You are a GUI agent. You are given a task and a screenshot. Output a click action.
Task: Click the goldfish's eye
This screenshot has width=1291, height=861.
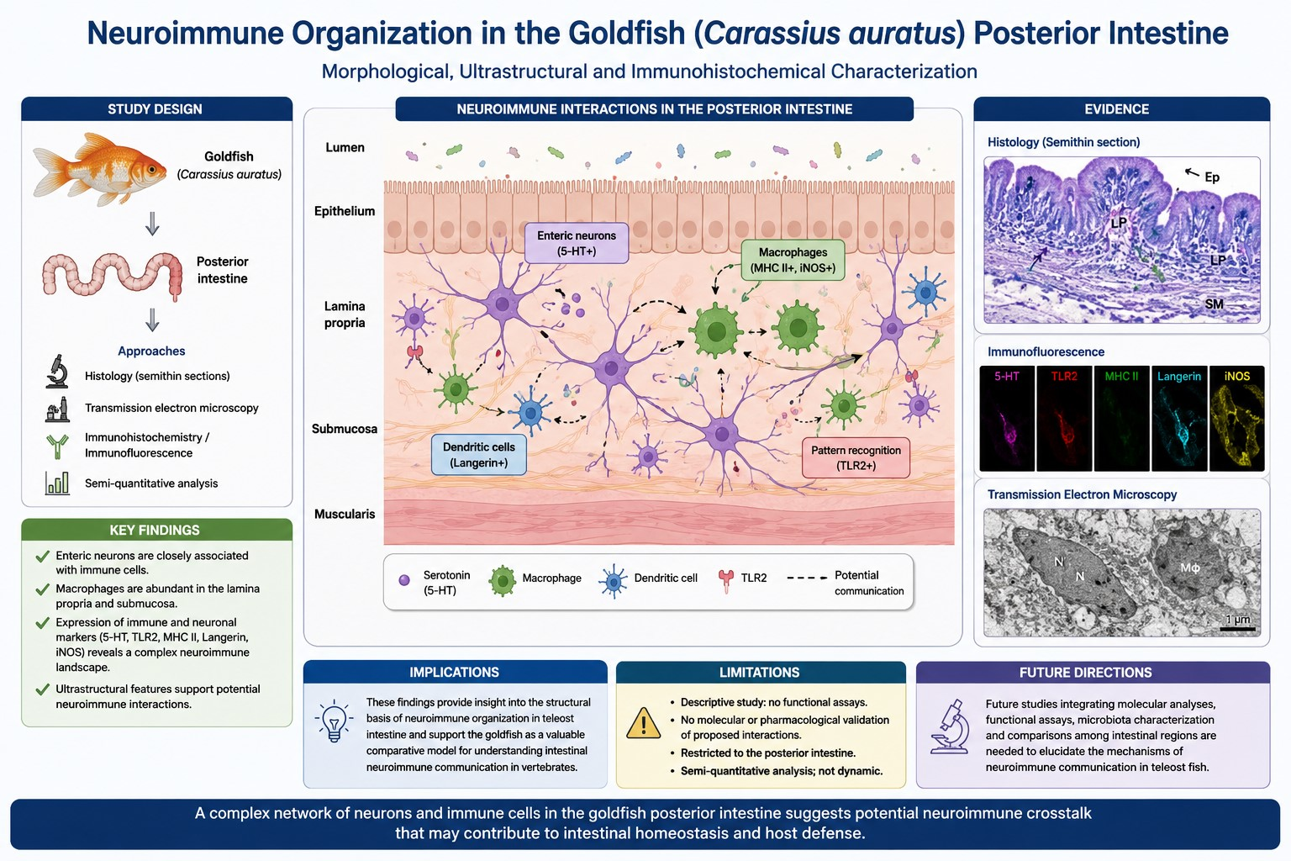click(151, 170)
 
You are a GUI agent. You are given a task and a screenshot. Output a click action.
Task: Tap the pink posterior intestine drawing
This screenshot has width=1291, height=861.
click(113, 276)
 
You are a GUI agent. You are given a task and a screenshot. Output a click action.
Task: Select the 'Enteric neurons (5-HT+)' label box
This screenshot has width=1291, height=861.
click(577, 243)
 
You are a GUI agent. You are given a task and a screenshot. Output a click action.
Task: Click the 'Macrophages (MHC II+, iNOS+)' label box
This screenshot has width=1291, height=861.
click(793, 260)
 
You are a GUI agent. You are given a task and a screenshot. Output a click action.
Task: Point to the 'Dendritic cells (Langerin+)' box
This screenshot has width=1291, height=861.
click(478, 454)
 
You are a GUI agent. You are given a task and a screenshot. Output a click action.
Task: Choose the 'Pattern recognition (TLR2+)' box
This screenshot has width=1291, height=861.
click(856, 458)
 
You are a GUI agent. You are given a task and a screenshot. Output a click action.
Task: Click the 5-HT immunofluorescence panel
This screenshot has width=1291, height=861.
click(1006, 418)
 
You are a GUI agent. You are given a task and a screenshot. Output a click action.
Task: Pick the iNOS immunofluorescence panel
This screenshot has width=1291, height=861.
click(1237, 418)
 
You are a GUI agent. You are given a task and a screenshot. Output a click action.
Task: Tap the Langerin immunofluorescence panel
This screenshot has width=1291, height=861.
click(1179, 418)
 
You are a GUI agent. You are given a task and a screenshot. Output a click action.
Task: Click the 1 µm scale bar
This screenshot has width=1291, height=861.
click(1237, 629)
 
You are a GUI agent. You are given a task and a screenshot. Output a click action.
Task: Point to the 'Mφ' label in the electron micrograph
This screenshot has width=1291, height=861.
click(1189, 568)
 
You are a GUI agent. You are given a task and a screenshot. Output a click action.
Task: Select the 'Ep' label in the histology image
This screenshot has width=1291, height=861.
click(1212, 177)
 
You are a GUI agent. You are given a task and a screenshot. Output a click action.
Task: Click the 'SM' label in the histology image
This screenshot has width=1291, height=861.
click(1214, 304)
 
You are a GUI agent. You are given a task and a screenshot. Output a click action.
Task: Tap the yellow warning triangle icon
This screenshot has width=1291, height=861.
click(643, 723)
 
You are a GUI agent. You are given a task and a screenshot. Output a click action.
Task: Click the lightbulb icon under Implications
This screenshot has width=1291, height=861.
click(334, 721)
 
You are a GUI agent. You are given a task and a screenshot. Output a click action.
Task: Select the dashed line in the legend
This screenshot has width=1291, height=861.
click(807, 578)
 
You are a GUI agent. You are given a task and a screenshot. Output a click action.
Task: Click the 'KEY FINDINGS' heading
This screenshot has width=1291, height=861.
click(155, 530)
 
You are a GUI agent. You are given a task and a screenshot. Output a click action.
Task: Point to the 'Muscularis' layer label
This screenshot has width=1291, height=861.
click(345, 514)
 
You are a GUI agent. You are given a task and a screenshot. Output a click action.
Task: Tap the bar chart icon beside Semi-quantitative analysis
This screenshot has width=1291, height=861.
click(57, 483)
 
